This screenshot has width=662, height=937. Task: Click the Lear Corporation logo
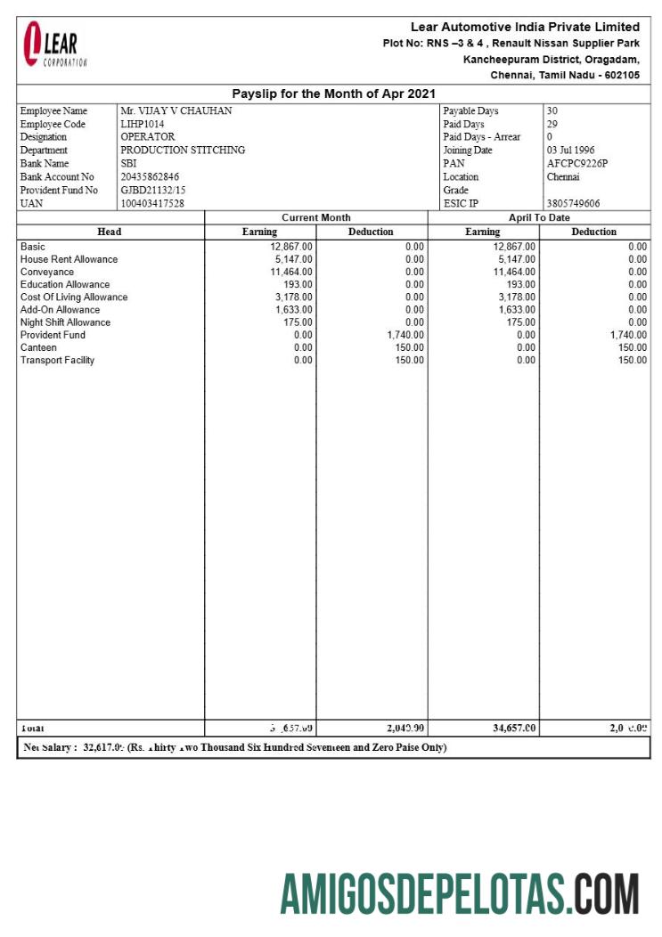[x=54, y=45]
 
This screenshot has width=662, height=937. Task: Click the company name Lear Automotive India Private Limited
[x=525, y=27]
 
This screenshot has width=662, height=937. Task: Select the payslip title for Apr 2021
[x=333, y=94]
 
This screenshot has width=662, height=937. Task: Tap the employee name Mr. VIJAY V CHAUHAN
[x=176, y=111]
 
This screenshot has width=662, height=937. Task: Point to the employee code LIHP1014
[x=143, y=125]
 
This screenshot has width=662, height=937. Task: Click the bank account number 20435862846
[x=150, y=177]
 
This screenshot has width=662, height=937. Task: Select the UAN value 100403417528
[x=152, y=204]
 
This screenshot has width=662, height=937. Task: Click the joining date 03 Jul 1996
[x=570, y=151]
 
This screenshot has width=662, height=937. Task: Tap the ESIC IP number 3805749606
[x=573, y=204]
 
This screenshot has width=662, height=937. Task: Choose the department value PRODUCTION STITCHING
[x=183, y=151]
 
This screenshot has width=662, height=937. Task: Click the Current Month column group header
[x=315, y=217]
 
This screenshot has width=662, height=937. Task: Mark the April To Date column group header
[x=539, y=217]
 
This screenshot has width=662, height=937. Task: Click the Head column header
[x=110, y=232]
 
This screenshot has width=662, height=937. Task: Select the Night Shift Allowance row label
[x=65, y=322]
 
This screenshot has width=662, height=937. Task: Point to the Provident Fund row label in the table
[x=53, y=335]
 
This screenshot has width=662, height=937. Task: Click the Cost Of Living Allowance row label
[x=74, y=297]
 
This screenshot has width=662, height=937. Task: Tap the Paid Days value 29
[x=552, y=125]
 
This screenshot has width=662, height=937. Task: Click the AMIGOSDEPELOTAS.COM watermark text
[x=460, y=893]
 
